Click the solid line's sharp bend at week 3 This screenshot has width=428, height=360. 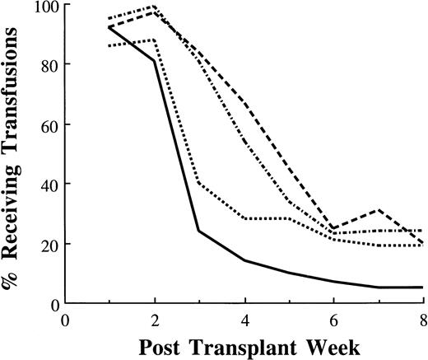(x=199, y=231)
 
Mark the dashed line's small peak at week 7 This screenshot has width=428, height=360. (x=378, y=210)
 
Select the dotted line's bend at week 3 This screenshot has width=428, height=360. (x=199, y=183)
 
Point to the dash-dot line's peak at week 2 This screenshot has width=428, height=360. (x=154, y=7)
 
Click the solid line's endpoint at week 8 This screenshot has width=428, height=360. (x=422, y=288)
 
